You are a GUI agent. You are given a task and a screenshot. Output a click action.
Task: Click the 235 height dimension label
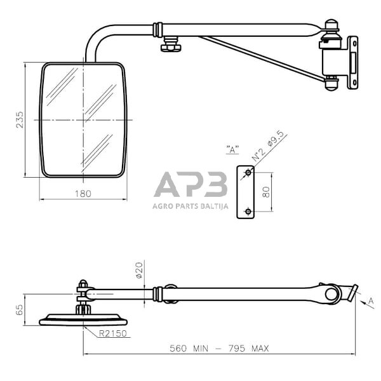[20, 119]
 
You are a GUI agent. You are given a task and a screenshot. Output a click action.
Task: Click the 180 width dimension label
[83, 194]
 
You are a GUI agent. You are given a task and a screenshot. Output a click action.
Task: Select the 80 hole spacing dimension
[267, 191]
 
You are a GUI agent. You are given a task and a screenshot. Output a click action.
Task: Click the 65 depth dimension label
[19, 309]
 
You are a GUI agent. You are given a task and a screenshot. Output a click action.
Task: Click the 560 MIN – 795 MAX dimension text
[219, 348]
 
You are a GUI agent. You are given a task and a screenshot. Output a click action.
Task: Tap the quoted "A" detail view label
[232, 150]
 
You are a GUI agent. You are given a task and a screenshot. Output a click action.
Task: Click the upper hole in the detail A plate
[248, 173]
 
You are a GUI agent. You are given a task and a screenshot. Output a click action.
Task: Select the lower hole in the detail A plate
[248, 211]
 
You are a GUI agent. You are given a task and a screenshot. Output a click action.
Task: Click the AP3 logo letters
[190, 185]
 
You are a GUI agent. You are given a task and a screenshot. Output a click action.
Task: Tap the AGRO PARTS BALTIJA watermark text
[190, 205]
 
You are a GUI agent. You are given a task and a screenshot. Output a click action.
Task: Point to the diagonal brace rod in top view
[260, 58]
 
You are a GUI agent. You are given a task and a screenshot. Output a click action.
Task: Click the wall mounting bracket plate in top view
[352, 62]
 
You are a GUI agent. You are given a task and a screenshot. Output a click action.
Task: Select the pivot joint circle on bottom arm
[332, 293]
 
